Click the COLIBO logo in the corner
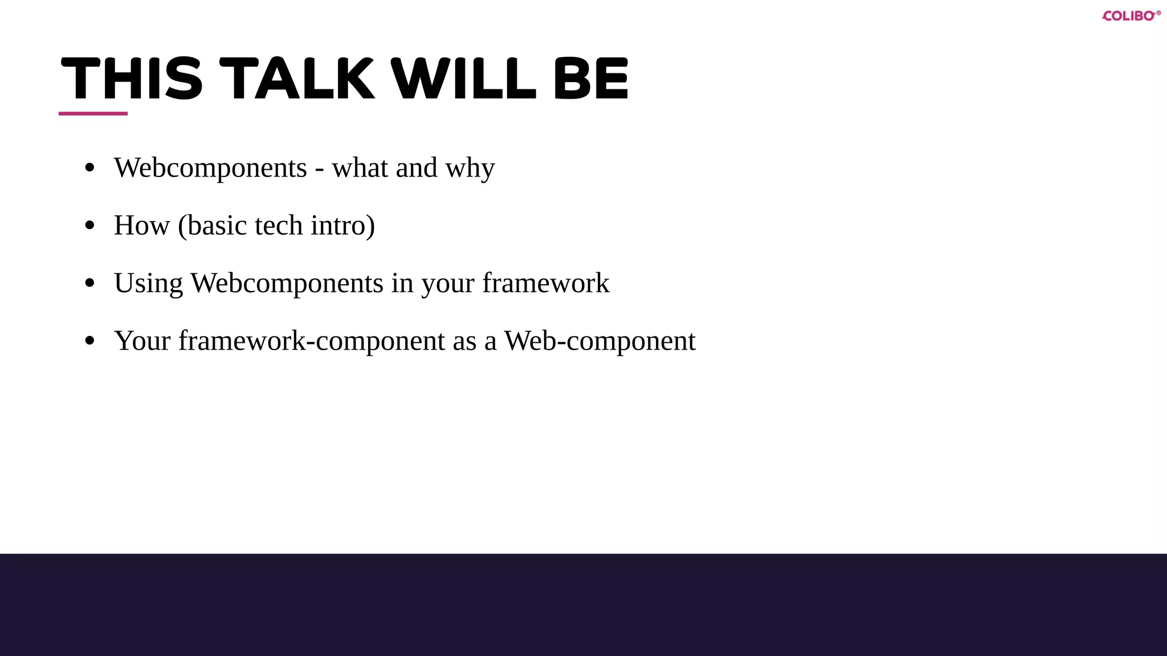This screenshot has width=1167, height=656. [1131, 16]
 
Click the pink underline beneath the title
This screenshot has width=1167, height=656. [93, 113]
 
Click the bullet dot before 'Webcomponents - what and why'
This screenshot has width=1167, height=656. [89, 168]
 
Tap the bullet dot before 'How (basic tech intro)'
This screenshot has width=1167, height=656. [89, 225]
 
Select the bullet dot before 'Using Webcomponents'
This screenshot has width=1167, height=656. [89, 283]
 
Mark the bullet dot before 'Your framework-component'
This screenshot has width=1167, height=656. [89, 341]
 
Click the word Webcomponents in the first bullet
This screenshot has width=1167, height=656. [210, 168]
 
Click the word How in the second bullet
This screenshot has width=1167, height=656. [141, 225]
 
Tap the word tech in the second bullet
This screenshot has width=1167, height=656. [279, 225]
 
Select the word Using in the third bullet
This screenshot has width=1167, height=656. [148, 284]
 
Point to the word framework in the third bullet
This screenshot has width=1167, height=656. [546, 283]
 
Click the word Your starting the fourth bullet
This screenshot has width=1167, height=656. [142, 341]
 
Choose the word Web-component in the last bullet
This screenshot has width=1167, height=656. [599, 341]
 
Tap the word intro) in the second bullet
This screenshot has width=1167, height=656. [342, 225]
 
